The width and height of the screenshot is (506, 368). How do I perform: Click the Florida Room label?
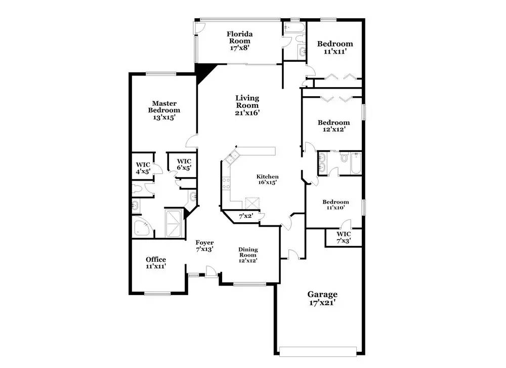[x=239, y=37]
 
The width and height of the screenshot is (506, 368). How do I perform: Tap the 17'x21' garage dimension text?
[x=322, y=303]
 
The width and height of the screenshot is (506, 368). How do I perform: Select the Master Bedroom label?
[x=164, y=106]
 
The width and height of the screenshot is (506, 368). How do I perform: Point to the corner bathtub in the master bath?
[x=143, y=227]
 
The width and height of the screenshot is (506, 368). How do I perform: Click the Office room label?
[x=156, y=260]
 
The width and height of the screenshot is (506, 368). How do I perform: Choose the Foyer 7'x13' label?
[x=204, y=246]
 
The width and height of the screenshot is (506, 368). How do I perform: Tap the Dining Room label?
[x=248, y=252]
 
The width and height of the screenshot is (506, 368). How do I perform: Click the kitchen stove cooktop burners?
[x=226, y=183]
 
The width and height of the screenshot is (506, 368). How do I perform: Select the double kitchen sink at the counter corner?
[x=232, y=157]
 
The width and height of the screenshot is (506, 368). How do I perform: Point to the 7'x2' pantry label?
[x=245, y=216]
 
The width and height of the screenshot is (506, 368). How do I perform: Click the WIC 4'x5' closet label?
[x=143, y=168]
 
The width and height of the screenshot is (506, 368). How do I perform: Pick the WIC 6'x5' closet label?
[x=184, y=165]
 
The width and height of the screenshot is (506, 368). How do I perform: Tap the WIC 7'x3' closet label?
[x=344, y=237]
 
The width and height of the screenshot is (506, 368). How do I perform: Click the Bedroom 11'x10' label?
[x=335, y=205]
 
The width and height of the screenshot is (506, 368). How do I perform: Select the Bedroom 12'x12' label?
[x=334, y=126]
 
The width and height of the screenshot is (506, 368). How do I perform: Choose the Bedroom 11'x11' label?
[x=335, y=47]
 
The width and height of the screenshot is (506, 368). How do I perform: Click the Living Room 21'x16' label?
[x=247, y=105]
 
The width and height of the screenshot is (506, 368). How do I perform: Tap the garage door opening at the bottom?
[x=318, y=351]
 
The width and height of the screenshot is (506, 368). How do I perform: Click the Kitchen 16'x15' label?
[x=268, y=179]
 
